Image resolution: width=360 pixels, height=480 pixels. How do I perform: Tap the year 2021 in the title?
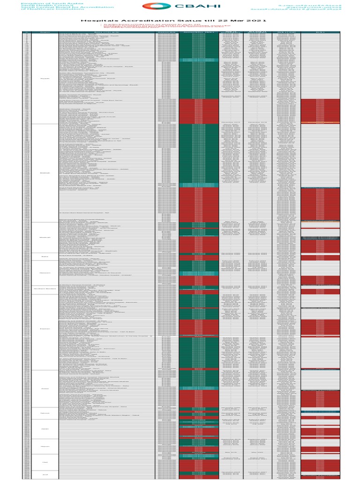(257, 21)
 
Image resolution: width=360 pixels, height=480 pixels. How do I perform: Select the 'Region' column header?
(45, 32)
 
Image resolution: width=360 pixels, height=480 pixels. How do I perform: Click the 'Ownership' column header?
(167, 32)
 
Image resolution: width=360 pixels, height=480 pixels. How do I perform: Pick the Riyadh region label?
(45, 78)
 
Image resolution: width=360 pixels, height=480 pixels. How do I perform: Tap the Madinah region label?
(45, 237)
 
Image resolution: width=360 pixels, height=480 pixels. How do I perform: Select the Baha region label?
(45, 256)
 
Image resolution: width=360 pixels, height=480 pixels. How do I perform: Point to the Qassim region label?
(45, 272)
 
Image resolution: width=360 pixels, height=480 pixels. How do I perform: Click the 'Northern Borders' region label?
(45, 289)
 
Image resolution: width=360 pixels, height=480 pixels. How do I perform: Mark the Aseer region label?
(45, 389)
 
